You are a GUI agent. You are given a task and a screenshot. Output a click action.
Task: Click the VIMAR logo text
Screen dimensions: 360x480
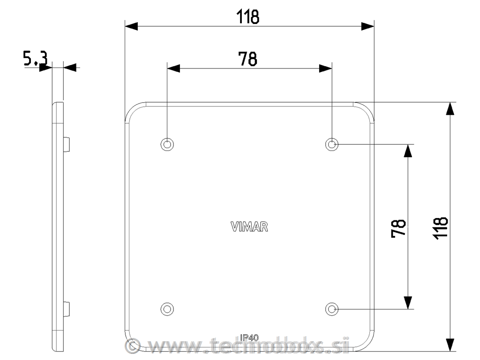pyautogui.click(x=249, y=227)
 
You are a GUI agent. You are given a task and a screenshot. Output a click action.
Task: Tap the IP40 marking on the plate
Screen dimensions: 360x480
pyautogui.click(x=249, y=337)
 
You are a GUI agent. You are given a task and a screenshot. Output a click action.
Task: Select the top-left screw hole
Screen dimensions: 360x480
pyautogui.click(x=167, y=144)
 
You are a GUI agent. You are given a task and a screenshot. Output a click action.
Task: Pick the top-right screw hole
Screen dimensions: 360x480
pyautogui.click(x=332, y=144)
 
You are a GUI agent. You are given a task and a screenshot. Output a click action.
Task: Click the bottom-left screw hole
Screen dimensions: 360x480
pyautogui.click(x=167, y=308)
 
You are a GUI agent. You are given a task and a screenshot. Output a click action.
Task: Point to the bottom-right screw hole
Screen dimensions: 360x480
pyautogui.click(x=332, y=308)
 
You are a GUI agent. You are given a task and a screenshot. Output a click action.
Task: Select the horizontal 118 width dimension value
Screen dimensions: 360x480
pyautogui.click(x=248, y=17)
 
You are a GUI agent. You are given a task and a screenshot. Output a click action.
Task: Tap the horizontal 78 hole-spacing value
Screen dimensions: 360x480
pyautogui.click(x=248, y=59)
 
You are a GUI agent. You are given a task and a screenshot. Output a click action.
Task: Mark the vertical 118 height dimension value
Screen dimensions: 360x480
pyautogui.click(x=440, y=227)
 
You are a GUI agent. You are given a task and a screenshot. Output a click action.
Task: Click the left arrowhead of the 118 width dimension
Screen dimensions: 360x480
pyautogui.click(x=131, y=26)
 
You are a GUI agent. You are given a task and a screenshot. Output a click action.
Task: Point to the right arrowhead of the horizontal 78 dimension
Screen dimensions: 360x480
pyautogui.click(x=326, y=68)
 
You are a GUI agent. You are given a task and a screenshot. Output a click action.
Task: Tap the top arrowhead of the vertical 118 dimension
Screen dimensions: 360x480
pyautogui.click(x=450, y=108)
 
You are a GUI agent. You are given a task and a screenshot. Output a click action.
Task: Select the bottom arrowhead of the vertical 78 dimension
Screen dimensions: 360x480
pyautogui.click(x=408, y=303)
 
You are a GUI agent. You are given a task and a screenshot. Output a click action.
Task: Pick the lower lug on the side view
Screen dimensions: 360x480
pyautogui.click(x=67, y=308)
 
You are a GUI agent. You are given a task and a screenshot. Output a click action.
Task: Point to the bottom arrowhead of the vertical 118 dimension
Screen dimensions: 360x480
pyautogui.click(x=450, y=345)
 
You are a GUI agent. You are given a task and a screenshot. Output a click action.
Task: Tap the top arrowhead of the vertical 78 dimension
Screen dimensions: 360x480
pyautogui.click(x=408, y=150)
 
